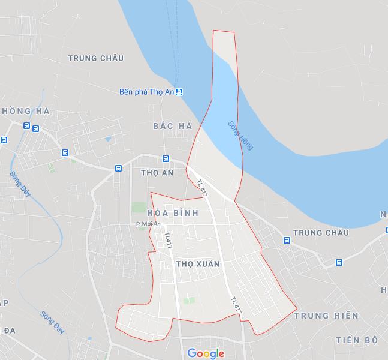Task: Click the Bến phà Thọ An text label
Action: [x=146, y=92]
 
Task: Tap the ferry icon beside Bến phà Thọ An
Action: [x=179, y=92]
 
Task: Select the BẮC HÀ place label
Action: [x=172, y=126]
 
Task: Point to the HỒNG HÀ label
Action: [x=26, y=112]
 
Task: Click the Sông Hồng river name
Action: [x=240, y=136]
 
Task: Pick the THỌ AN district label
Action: [x=157, y=173]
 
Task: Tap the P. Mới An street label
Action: [x=148, y=224]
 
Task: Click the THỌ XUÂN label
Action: [x=198, y=264]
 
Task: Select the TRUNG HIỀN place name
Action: [x=327, y=316]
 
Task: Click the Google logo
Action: [x=205, y=353]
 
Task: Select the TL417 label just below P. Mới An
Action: [x=168, y=240]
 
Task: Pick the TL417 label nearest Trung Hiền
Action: [x=236, y=306]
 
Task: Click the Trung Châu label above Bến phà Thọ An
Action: [x=96, y=58]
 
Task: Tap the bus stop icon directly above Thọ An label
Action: [x=166, y=158]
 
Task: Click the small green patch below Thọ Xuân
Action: [x=190, y=300]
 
